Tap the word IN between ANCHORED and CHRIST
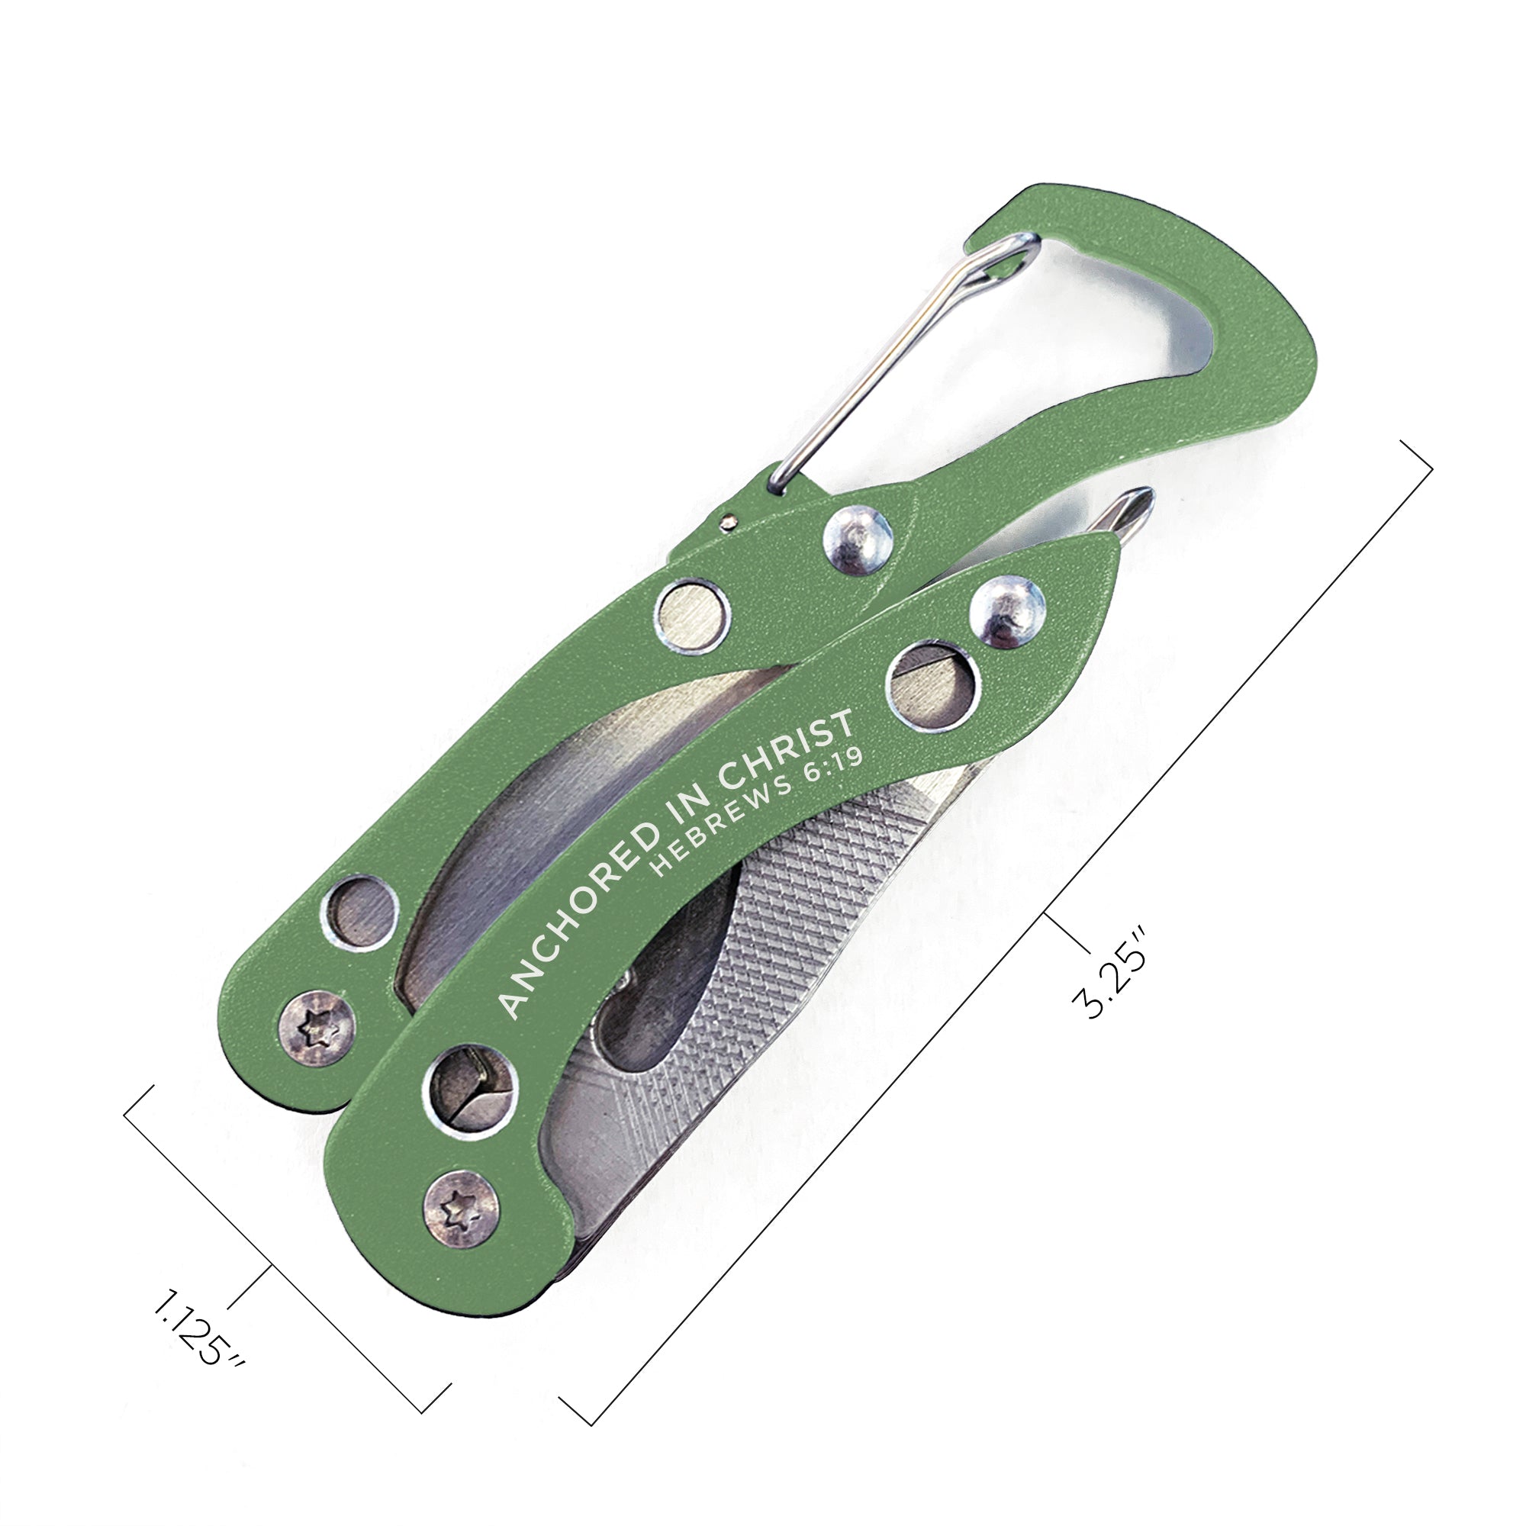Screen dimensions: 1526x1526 click(695, 818)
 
